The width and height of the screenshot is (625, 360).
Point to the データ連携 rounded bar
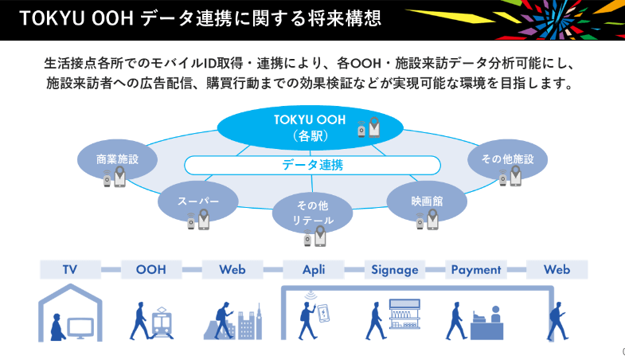311,165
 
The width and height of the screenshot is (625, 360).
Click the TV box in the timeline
71,269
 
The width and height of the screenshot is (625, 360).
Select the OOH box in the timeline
151,269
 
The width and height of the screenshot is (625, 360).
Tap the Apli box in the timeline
313,269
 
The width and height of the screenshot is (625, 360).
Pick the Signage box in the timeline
394,269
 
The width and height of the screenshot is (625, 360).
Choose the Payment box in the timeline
476,269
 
